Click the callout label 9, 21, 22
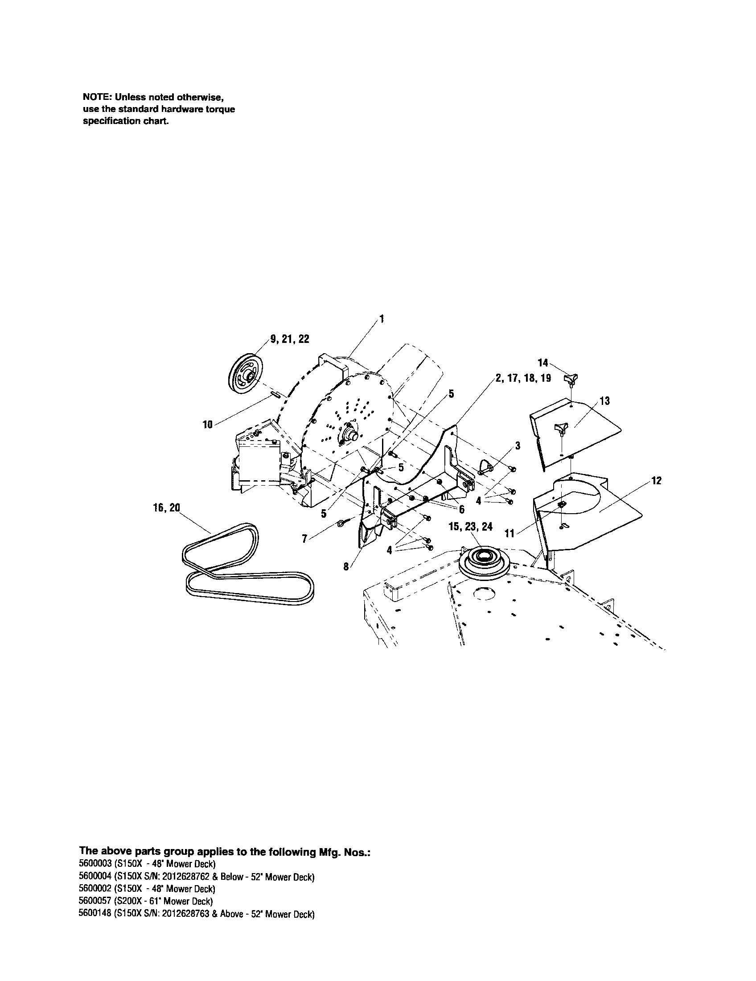290,339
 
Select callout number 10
207,424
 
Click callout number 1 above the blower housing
382,319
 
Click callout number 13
605,401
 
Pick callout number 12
656,481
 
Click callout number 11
510,534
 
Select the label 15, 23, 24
470,527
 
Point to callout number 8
346,567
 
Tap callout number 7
305,539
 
